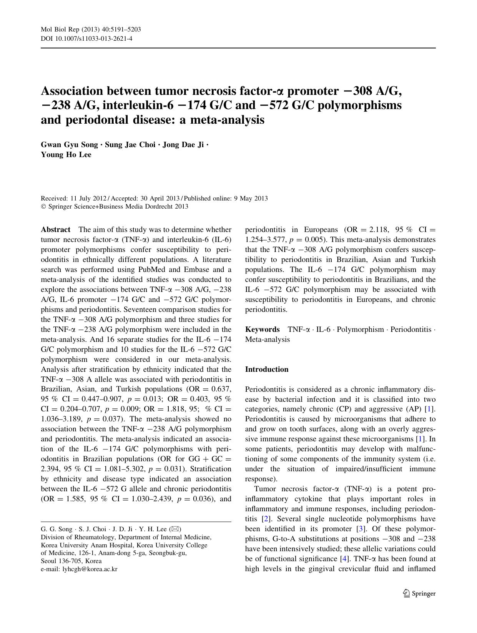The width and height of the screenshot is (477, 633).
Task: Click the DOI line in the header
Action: pos(86,38)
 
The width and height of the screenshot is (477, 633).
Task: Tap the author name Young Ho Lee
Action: pos(66,155)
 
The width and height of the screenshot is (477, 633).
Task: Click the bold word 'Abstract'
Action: pos(56,230)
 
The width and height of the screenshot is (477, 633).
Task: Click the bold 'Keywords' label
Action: pos(263,330)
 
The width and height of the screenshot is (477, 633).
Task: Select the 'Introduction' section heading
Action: pos(267,370)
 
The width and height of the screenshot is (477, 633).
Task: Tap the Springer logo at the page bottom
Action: pos(419,593)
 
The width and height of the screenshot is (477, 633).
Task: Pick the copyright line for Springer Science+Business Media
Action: pos(115,207)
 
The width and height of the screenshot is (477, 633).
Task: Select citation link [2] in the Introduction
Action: pos(265,519)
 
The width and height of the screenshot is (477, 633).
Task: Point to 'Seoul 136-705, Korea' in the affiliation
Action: pos(71,561)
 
